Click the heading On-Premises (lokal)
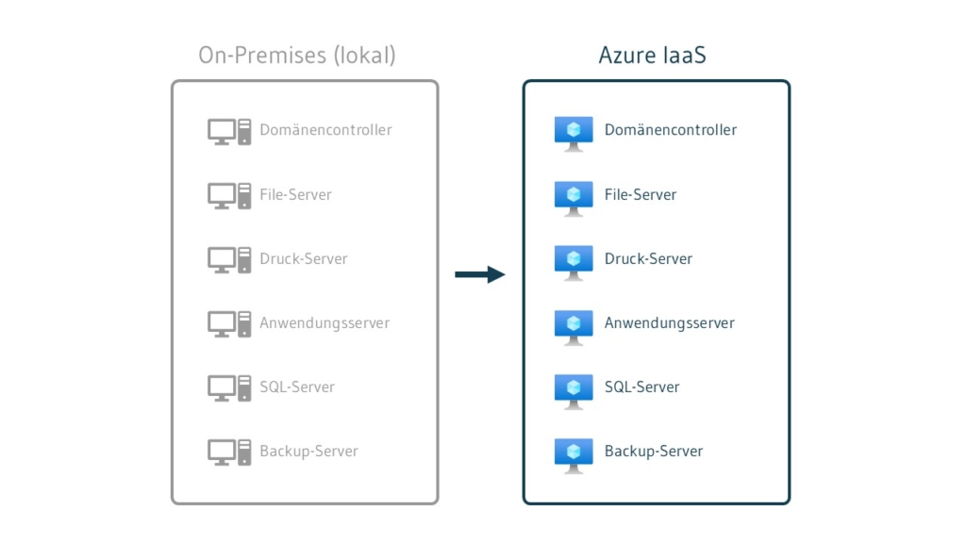coord(297,56)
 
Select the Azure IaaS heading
coord(652,56)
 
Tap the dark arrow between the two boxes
coord(480,274)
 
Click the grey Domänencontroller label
coord(325,130)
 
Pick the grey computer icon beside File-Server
coord(229,195)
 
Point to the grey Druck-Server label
coord(304,258)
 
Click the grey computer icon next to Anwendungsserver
coord(229,323)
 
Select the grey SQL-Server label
coord(297,387)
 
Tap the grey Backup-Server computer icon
coord(229,452)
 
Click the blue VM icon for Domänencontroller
coord(574,133)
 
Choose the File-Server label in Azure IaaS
coord(641,194)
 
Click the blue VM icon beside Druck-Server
coord(574,261)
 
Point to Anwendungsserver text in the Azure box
coord(669,322)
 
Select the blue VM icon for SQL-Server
coord(574,389)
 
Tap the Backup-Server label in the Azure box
coord(654,451)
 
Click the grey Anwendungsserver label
coord(325,322)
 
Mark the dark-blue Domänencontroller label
coord(671,130)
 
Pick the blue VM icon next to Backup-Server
coord(574,453)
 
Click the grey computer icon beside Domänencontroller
coord(229,131)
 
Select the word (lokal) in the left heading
coord(365,56)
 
